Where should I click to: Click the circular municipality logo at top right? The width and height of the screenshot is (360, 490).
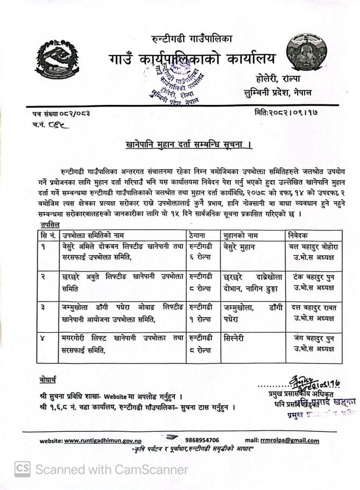pos(305,51)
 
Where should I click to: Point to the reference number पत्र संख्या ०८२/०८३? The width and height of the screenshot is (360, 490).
pos(60,113)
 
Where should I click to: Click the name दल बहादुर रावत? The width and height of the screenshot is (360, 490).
pos(314,307)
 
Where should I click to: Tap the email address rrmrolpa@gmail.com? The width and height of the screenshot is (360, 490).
pos(290,440)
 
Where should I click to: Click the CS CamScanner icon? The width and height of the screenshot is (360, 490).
pos(22,469)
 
